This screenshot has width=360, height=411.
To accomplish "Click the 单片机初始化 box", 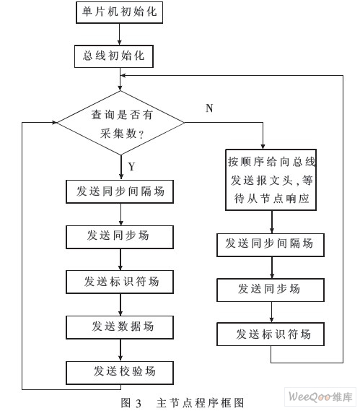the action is (x=119, y=12).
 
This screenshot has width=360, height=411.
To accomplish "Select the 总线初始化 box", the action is (x=114, y=56).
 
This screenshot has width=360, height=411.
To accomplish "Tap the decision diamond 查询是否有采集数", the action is (x=120, y=123).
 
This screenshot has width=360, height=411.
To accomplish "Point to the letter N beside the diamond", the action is (x=209, y=108).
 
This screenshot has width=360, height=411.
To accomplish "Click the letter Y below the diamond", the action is (x=131, y=166).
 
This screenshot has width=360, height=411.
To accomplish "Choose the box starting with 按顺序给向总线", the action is (x=271, y=180).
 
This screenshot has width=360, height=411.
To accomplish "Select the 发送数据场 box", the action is (x=120, y=327).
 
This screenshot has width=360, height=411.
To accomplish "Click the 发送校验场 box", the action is (x=120, y=373).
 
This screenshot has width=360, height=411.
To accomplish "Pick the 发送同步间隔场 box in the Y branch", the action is (x=120, y=191).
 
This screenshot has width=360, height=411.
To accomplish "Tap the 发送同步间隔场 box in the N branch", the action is (x=271, y=245).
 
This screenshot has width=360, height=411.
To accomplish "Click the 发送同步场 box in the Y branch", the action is (x=120, y=237).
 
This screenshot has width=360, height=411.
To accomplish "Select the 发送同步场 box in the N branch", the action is (x=271, y=290).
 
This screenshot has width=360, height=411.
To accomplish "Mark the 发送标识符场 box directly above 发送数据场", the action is (x=120, y=282).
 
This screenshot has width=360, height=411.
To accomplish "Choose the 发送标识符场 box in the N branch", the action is (x=271, y=334).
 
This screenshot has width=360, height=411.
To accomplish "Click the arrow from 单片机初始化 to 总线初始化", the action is (x=120, y=35).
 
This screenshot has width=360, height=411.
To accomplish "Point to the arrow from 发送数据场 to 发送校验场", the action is (x=120, y=350).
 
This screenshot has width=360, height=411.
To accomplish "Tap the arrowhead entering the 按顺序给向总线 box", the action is (x=263, y=147).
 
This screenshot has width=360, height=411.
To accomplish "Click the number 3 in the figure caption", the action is (x=139, y=403).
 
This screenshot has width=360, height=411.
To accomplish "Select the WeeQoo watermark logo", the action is (x=320, y=397).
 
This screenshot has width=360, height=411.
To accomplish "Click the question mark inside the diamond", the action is (x=141, y=135).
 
